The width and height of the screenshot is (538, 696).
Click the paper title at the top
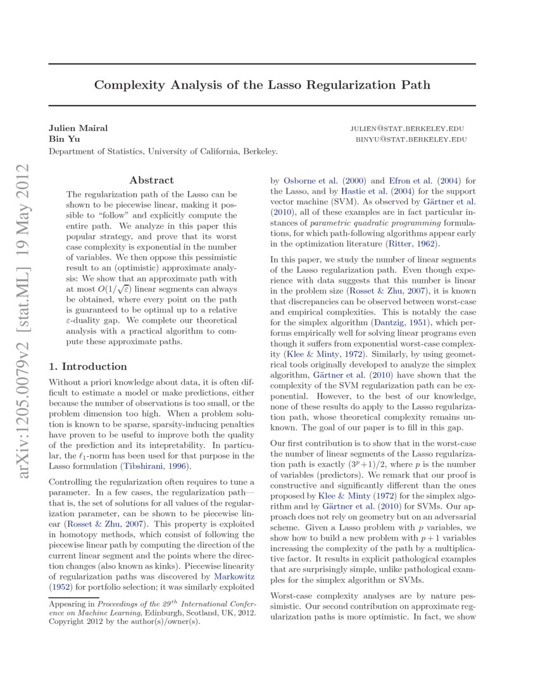(262, 85)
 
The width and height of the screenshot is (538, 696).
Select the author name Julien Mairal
(78, 128)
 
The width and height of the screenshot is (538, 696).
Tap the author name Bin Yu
(61, 139)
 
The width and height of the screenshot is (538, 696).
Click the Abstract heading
(151, 180)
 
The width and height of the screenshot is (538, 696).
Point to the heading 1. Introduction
(88, 366)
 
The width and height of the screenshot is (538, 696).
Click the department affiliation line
(163, 151)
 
